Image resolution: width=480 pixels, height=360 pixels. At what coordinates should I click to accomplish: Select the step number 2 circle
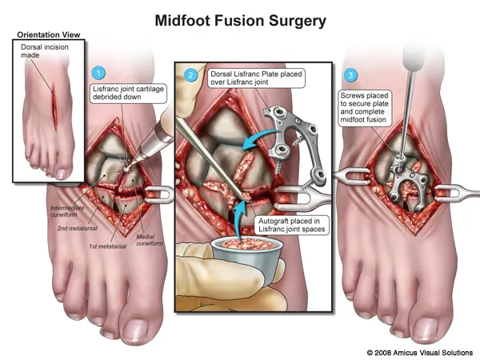(190, 75)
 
